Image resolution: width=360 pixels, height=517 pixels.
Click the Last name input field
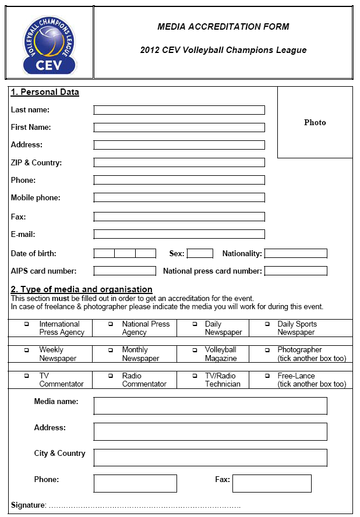(179, 110)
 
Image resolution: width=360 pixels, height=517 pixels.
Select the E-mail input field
(179, 235)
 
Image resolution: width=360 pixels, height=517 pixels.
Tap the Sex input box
(200, 253)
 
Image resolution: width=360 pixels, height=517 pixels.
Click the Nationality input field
(295, 253)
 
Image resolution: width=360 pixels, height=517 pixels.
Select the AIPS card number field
(125, 271)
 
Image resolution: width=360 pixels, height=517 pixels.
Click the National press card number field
(295, 271)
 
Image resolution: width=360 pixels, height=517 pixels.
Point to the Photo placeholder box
(315, 122)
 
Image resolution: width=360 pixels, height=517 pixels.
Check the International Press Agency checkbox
(26, 324)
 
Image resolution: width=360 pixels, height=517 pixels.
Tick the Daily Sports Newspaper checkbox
(267, 324)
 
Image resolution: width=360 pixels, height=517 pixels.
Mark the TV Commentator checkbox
(26, 376)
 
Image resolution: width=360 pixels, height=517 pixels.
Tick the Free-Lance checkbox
(267, 376)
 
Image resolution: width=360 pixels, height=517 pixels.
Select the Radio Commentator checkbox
(111, 376)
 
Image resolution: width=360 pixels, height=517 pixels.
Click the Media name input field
(210, 405)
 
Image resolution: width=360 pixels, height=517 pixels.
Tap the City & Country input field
(210, 458)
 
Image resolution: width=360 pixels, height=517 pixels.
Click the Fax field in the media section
(271, 483)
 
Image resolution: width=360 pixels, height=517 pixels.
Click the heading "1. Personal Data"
(45, 92)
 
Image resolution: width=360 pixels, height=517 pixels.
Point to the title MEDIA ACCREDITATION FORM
(223, 27)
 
